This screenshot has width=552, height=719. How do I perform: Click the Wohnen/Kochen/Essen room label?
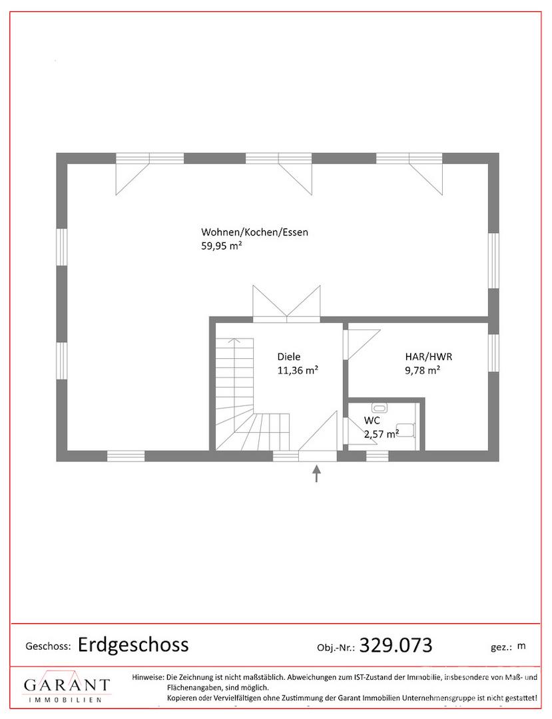[x=254, y=232]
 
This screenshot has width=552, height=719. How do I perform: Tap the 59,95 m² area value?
[x=222, y=246]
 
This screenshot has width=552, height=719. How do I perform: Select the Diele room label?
[x=289, y=356]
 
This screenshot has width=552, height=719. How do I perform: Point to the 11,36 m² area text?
[x=298, y=371]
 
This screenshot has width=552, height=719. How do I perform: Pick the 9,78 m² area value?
[x=422, y=371]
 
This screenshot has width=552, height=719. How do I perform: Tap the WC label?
[x=372, y=420]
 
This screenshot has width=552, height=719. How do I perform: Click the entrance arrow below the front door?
[x=316, y=474]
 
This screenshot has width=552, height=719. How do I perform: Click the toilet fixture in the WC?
[x=406, y=430]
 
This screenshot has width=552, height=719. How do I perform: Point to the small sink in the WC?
[x=379, y=407]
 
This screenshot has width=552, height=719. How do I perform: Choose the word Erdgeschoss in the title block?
[x=133, y=644]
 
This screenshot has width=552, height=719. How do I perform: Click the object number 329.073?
[x=396, y=645]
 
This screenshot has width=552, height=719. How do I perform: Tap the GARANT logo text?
[x=67, y=685]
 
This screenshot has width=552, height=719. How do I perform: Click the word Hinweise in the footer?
[x=148, y=677]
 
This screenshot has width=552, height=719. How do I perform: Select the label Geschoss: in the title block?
[x=48, y=646]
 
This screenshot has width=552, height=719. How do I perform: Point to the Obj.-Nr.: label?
[x=336, y=648]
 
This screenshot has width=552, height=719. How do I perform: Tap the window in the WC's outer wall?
[x=377, y=456]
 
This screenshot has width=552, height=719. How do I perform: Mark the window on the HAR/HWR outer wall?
[x=493, y=353]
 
